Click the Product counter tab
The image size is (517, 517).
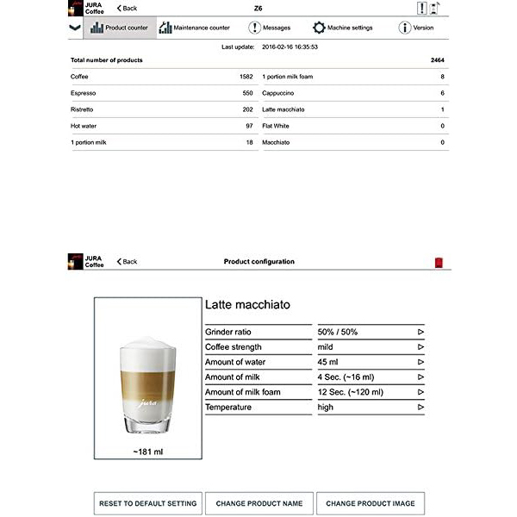coord(118,28)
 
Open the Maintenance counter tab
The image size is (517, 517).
coord(194,28)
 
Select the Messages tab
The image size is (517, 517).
coord(270,28)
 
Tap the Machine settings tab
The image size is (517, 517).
coord(343,28)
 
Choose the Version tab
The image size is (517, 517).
coord(416,28)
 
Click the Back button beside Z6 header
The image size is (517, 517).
coord(127,8)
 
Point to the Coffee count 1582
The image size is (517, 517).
coord(246,77)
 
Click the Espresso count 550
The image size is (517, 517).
coord(247,93)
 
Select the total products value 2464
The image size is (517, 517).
coord(438,60)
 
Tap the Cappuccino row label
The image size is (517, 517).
coord(279,93)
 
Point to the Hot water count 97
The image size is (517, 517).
coord(249,126)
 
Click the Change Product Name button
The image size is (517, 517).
coord(259,503)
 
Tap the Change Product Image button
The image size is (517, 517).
coord(371,503)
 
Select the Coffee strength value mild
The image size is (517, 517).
coord(326,346)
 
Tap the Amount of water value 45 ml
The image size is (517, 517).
coord(328,362)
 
